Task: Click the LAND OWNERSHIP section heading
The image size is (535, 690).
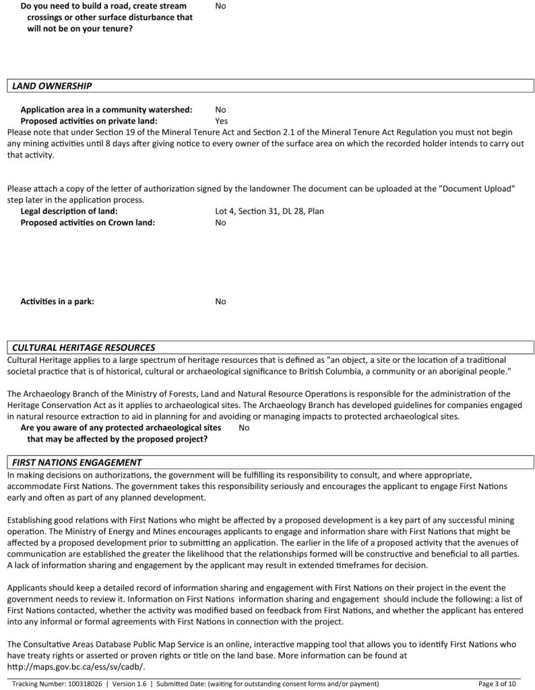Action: click(52, 86)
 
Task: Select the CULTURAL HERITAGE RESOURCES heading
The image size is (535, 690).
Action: click(84, 347)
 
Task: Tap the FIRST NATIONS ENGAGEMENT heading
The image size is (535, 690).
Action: click(77, 462)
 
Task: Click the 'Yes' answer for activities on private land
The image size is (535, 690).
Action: click(221, 121)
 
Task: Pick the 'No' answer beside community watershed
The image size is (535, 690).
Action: click(220, 109)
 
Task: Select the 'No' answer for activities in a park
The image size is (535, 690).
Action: click(220, 301)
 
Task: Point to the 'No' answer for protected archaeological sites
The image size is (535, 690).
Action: click(244, 428)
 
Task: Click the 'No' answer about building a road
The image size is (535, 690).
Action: click(220, 6)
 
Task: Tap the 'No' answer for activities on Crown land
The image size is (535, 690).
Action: click(220, 223)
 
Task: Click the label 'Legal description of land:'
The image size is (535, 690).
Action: click(69, 211)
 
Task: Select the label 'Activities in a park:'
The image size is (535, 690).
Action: click(57, 301)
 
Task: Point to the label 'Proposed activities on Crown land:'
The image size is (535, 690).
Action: click(88, 223)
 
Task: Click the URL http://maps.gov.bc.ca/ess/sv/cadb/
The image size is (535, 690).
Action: click(75, 667)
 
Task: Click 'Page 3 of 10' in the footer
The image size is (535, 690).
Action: click(497, 683)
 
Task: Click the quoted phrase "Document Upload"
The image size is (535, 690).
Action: click(477, 188)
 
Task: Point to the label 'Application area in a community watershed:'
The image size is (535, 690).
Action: click(106, 109)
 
